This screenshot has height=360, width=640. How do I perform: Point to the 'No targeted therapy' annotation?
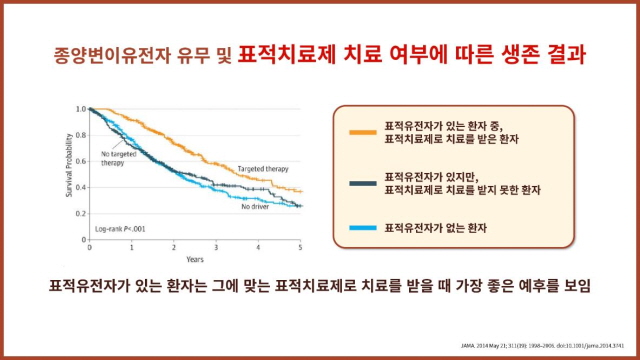pos(119,157)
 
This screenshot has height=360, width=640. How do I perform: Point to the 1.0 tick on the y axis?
pos(81,108)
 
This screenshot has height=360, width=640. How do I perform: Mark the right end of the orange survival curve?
pos(301,190)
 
